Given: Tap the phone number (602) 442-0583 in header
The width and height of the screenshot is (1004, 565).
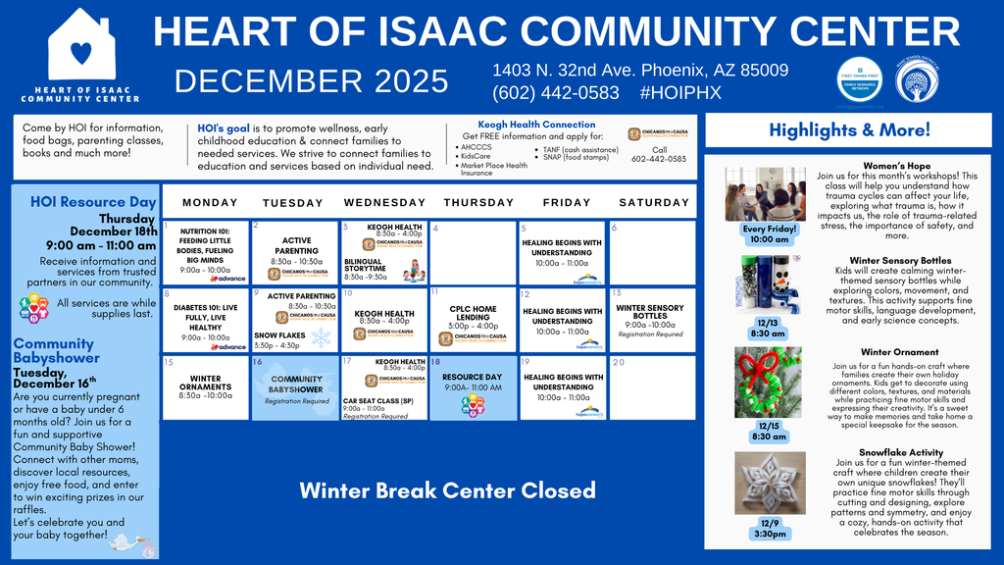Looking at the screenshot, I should click(556, 92).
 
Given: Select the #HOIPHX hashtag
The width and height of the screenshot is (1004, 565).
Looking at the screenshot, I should click(679, 92).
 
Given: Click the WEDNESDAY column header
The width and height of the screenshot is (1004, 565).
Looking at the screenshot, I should click(384, 202).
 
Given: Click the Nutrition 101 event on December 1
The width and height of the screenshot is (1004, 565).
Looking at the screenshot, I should click(205, 252).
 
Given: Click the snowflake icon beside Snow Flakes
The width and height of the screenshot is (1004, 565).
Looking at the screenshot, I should click(321, 337).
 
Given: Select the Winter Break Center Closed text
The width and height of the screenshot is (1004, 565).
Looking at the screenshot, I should click(446, 489).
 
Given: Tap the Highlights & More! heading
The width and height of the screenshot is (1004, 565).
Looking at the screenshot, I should click(849, 129).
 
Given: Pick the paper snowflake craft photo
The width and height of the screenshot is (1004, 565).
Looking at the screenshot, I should click(769, 483).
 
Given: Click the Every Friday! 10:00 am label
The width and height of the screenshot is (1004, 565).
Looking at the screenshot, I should click(769, 233).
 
